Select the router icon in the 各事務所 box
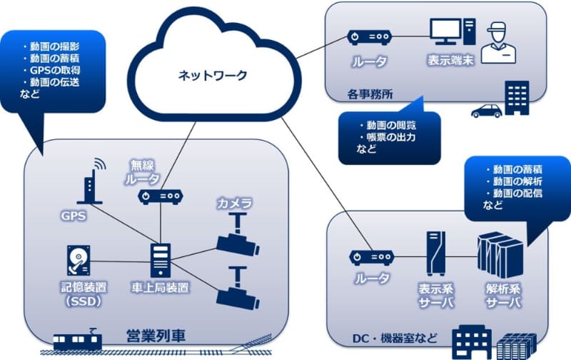[370, 36]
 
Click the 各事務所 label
[369, 92]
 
